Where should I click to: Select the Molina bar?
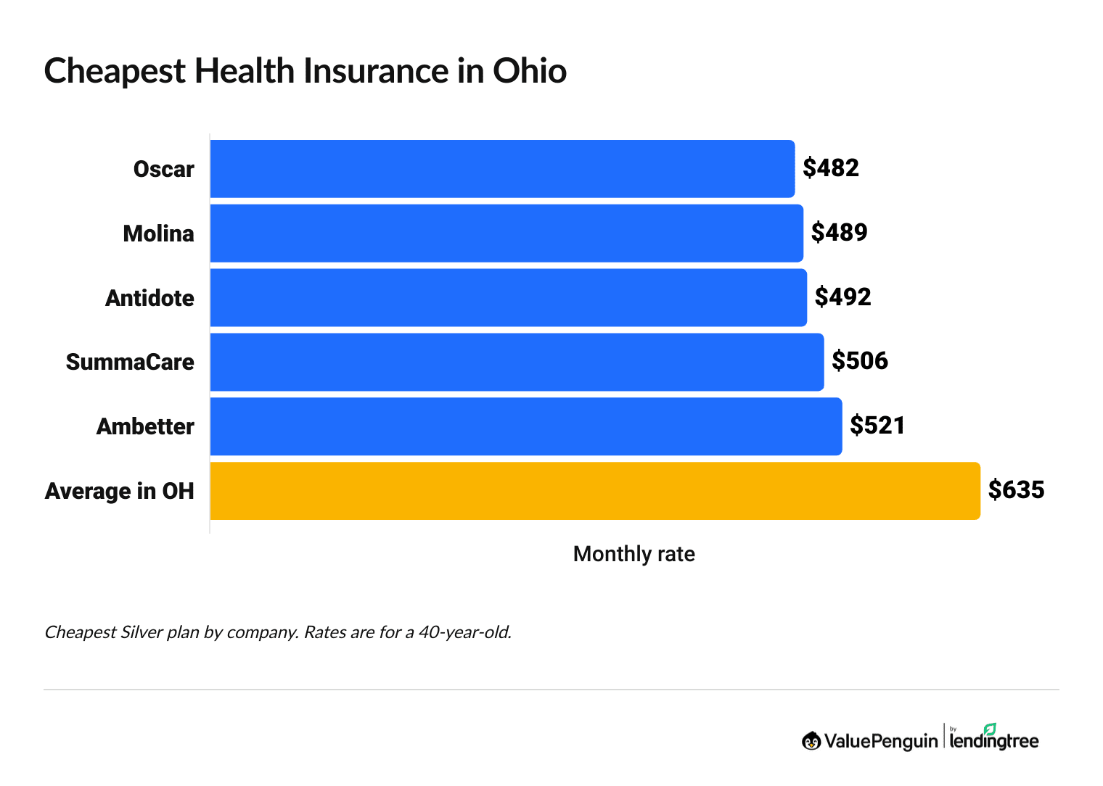(507, 233)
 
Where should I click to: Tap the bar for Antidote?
(508, 297)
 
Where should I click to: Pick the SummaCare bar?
(517, 362)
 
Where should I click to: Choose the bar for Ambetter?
(526, 426)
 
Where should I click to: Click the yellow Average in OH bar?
(595, 491)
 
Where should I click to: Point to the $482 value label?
(831, 168)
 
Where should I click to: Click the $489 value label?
(840, 233)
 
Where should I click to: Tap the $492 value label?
(843, 297)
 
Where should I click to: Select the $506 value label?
(860, 361)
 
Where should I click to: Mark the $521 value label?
(878, 426)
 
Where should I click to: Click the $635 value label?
(1017, 490)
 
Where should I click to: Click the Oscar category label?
(164, 170)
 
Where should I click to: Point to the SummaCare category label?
(130, 363)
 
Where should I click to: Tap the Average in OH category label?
(120, 492)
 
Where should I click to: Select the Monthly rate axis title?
(634, 554)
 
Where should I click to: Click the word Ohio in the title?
(530, 71)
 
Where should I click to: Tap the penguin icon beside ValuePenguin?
(811, 740)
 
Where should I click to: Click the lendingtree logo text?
(994, 740)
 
